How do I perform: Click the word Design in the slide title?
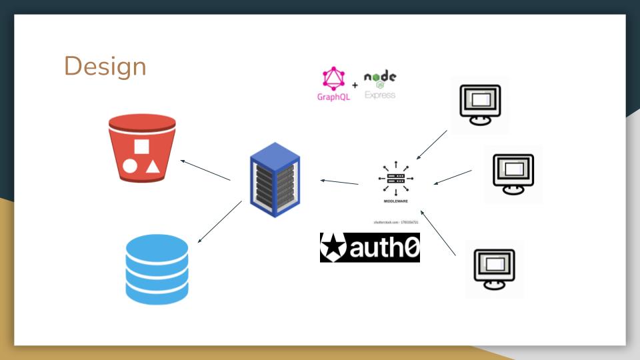click(105, 67)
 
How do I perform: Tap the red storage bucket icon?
click(142, 148)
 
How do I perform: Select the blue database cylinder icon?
click(157, 269)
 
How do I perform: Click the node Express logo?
click(380, 85)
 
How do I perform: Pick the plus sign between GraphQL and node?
click(355, 85)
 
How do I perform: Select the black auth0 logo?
click(370, 247)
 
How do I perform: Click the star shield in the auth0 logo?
click(333, 247)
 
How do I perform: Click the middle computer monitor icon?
click(513, 173)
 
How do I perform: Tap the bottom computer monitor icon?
click(494, 269)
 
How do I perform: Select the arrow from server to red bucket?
click(206, 169)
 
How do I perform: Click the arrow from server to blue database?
click(220, 221)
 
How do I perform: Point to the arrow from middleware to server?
click(339, 181)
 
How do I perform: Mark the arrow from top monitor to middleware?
click(431, 145)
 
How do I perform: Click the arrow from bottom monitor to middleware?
click(438, 233)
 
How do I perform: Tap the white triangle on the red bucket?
click(153, 166)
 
